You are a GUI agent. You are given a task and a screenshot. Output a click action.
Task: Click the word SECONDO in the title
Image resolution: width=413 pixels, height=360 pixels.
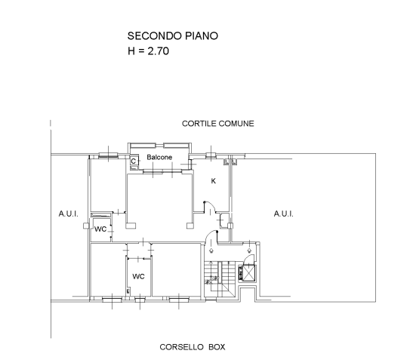(x=155, y=35)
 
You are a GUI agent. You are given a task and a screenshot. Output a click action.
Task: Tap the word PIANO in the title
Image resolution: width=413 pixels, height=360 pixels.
(x=202, y=35)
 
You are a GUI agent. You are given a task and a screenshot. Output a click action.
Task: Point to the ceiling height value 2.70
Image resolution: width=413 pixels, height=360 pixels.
(x=159, y=51)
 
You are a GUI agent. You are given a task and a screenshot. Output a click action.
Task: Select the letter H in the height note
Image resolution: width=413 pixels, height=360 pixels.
(x=131, y=51)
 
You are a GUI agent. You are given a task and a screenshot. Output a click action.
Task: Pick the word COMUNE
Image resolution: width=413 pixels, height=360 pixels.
(x=236, y=124)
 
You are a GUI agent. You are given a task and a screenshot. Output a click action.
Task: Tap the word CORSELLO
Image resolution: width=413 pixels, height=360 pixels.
(x=181, y=347)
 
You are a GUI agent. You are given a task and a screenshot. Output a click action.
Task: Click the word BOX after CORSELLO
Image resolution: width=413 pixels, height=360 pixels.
(x=217, y=347)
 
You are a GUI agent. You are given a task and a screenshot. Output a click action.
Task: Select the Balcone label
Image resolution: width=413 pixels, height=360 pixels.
(x=159, y=157)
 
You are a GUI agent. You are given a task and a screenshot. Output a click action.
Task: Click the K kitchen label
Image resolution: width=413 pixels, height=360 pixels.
(x=214, y=181)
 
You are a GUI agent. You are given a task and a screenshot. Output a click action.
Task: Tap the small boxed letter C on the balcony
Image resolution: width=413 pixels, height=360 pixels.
(x=134, y=161)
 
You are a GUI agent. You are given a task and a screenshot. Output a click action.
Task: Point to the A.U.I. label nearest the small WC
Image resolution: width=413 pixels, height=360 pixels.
(x=69, y=214)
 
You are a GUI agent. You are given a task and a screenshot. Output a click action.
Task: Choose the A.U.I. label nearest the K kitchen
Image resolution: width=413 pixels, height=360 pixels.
(x=284, y=214)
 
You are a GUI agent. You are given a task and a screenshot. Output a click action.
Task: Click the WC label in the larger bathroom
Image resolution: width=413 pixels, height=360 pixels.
(x=138, y=276)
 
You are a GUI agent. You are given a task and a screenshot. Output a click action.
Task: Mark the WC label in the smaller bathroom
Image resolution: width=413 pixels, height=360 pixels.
(x=100, y=229)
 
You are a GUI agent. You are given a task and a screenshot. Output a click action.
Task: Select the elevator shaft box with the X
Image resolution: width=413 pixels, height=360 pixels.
(x=249, y=273)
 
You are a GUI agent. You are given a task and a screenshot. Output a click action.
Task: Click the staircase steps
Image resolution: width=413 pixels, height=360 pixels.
(x=220, y=276)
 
